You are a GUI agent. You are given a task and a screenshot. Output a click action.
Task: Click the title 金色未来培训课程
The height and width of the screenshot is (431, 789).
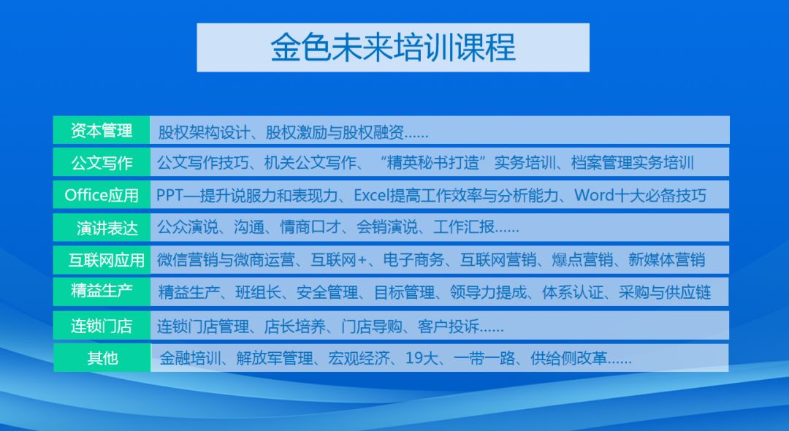[x=393, y=47]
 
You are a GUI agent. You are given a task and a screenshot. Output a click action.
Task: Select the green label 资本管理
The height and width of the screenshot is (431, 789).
[x=101, y=131]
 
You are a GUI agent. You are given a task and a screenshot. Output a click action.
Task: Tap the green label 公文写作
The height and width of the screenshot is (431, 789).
[x=102, y=163]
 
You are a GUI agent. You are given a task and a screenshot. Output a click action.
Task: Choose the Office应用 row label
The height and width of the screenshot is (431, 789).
[x=102, y=195]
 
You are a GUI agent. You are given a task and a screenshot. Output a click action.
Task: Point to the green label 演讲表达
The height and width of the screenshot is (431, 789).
[x=107, y=228]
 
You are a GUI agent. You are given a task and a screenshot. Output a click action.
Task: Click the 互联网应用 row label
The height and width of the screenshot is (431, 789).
[x=107, y=260]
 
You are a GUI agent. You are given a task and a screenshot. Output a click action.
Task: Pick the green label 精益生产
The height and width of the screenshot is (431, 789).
[x=102, y=290]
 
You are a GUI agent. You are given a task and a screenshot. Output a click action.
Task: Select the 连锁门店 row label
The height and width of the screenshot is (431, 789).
[x=102, y=326]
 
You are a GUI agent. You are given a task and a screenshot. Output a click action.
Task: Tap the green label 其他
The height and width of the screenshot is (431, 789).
[x=102, y=358]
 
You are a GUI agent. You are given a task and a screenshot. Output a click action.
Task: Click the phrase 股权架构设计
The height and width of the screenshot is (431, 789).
[x=204, y=133]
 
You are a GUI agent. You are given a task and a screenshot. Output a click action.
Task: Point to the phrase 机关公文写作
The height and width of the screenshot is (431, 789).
[x=310, y=163]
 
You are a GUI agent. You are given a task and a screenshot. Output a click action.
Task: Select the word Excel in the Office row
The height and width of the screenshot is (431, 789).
[x=372, y=195]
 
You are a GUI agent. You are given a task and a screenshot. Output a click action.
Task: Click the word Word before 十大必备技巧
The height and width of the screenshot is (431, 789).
[x=594, y=195]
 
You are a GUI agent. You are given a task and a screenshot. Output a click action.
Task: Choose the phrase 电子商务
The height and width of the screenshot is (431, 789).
[x=413, y=259]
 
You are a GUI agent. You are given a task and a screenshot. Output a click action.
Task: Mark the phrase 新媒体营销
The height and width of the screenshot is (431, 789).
[x=667, y=259]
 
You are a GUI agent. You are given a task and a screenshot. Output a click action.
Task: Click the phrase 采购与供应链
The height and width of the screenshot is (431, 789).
[x=665, y=292]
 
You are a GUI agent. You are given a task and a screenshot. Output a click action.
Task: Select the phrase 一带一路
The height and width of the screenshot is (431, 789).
[x=484, y=358]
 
